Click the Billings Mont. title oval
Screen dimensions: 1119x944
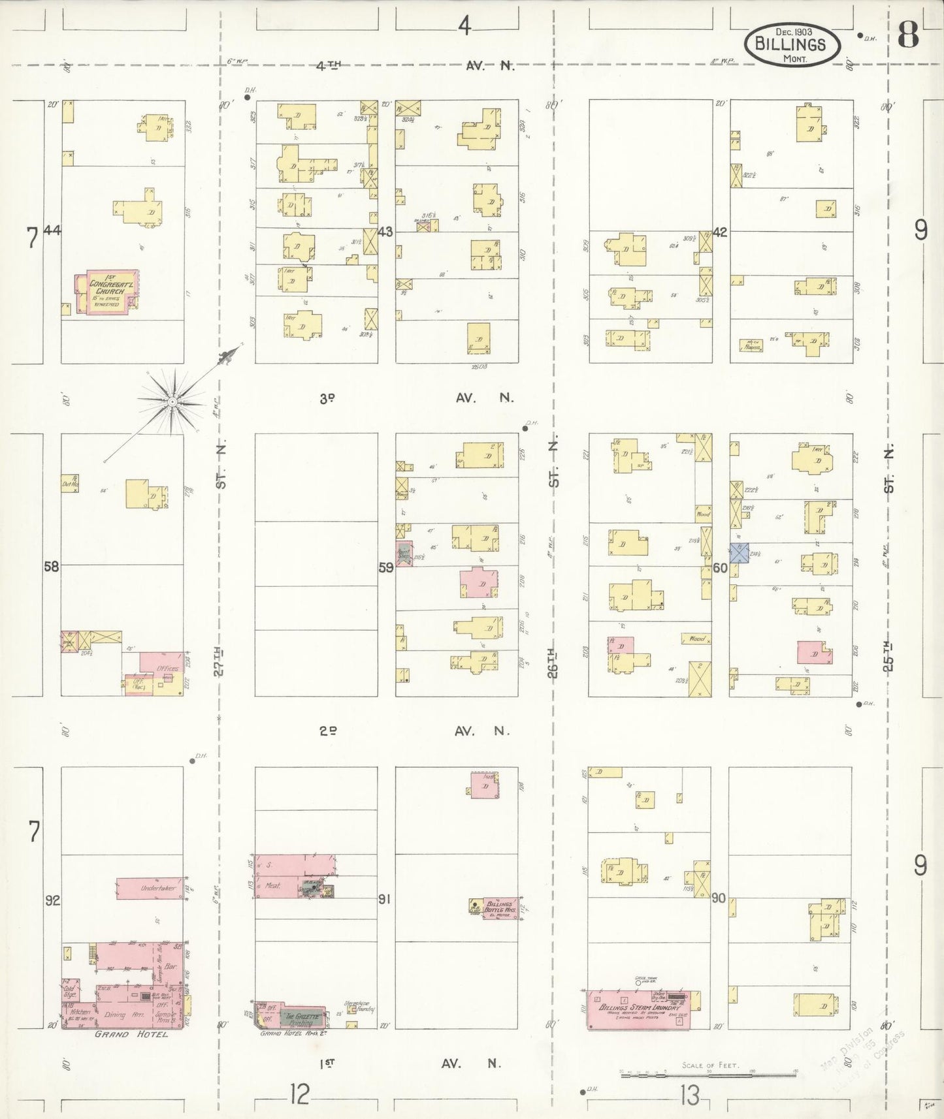pyautogui.click(x=790, y=44)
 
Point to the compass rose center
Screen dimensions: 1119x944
pyautogui.click(x=171, y=402)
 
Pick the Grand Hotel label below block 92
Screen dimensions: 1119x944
pyautogui.click(x=131, y=1034)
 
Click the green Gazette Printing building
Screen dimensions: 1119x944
pyautogui.click(x=302, y=1017)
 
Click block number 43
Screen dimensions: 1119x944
pyautogui.click(x=385, y=232)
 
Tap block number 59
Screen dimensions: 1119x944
pyautogui.click(x=386, y=567)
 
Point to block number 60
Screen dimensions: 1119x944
pyautogui.click(x=720, y=568)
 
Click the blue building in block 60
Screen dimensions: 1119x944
pyautogui.click(x=738, y=553)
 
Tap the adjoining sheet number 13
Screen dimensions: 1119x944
pyautogui.click(x=689, y=1095)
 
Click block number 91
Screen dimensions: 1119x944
pyautogui.click(x=384, y=900)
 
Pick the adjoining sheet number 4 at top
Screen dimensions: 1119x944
pyautogui.click(x=464, y=26)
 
